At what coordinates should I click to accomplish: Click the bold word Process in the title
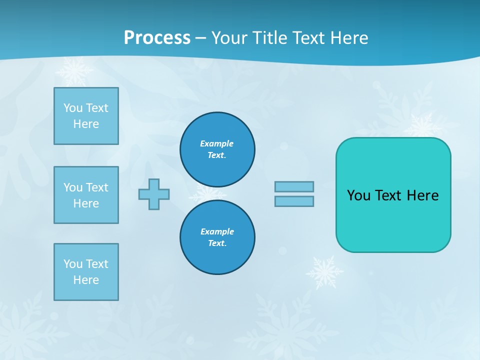click(157, 38)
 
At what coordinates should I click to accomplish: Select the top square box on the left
click(86, 116)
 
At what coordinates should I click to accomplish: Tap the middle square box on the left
click(86, 195)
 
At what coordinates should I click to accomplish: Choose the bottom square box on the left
click(86, 272)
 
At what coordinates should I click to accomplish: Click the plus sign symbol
click(154, 194)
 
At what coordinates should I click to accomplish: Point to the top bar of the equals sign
click(294, 186)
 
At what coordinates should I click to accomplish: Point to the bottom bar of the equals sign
click(294, 201)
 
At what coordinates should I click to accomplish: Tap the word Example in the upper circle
click(217, 143)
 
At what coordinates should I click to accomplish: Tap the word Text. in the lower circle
click(217, 243)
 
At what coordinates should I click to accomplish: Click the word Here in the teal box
click(422, 195)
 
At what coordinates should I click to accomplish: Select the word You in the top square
click(72, 108)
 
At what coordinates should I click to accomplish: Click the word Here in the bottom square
click(86, 280)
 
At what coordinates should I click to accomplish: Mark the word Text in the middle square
click(97, 187)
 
